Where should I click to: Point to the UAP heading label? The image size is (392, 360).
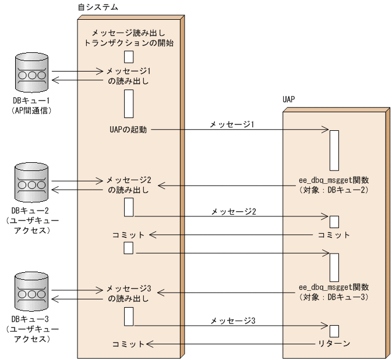(290, 99)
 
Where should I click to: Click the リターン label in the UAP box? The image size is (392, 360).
(334, 344)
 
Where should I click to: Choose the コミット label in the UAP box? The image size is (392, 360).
(334, 235)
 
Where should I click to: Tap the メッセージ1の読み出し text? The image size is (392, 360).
(129, 76)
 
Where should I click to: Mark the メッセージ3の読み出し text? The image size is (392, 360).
(129, 294)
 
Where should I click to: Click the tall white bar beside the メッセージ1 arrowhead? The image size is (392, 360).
(334, 150)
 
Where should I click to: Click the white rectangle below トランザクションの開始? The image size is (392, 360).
(129, 56)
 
